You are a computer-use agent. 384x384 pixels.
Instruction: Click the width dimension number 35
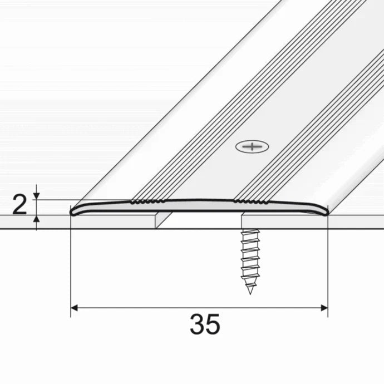point(205,324)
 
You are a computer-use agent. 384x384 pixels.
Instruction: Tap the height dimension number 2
point(19,205)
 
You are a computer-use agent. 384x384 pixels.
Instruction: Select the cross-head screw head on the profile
point(252,147)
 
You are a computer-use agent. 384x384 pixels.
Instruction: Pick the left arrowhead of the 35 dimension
point(75,307)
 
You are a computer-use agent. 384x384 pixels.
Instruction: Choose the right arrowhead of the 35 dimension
point(324,307)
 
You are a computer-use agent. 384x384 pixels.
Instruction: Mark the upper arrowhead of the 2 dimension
point(37,194)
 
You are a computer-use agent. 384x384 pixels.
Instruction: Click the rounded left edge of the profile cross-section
point(73,211)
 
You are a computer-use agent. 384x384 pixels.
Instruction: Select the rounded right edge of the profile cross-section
point(327,210)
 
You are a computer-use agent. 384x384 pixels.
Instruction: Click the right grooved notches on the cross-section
point(250,200)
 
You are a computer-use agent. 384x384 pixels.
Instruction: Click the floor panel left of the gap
point(111,221)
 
